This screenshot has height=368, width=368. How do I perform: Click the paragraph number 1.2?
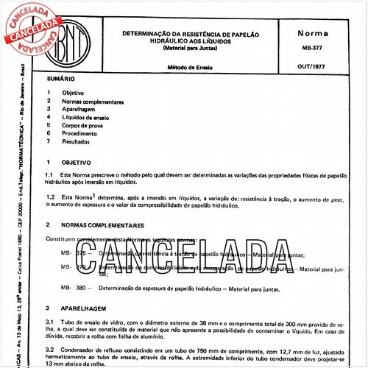[x=49, y=197]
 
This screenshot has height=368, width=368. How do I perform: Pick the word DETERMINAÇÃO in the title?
[x=149, y=33]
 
